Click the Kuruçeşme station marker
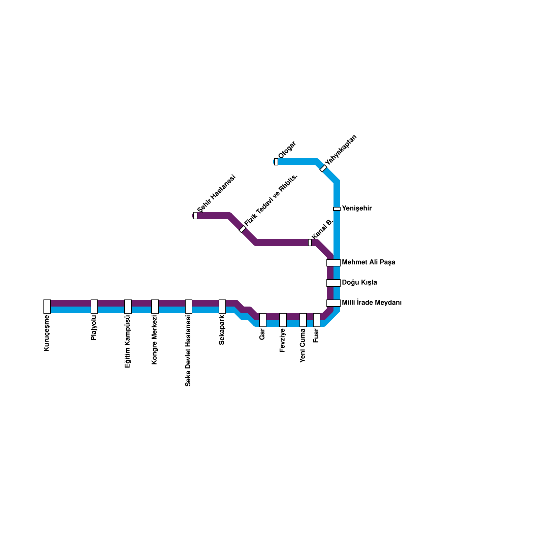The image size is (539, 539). pyautogui.click(x=47, y=307)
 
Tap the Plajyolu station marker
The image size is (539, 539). pyautogui.click(x=94, y=307)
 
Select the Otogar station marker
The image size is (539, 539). pyautogui.click(x=276, y=162)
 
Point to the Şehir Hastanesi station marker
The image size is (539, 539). pyautogui.click(x=195, y=216)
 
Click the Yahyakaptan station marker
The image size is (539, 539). pyautogui.click(x=323, y=168)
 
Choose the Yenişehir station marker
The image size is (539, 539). pyautogui.click(x=337, y=209)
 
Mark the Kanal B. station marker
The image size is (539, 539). pyautogui.click(x=310, y=243)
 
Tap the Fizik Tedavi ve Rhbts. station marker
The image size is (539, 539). pyautogui.click(x=243, y=229)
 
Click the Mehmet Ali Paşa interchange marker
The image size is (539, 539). pyautogui.click(x=334, y=263)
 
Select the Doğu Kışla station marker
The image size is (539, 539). pyautogui.click(x=334, y=283)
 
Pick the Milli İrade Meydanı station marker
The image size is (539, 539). pyautogui.click(x=334, y=303)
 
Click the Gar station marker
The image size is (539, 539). pyautogui.click(x=263, y=320)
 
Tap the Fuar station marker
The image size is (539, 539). pyautogui.click(x=317, y=320)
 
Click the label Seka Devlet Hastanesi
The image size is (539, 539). pyautogui.click(x=188, y=351)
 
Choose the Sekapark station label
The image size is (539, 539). pyautogui.click(x=222, y=330)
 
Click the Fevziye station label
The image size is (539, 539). pyautogui.click(x=283, y=340)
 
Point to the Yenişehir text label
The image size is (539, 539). pyautogui.click(x=357, y=209)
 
